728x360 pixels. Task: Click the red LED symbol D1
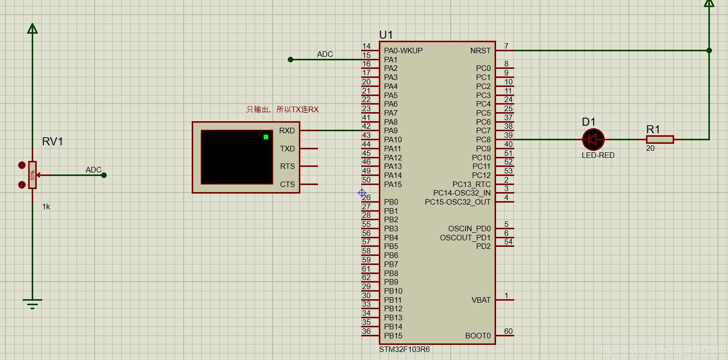pos(593,139)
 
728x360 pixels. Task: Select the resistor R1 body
pos(660,139)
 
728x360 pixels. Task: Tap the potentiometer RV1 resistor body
pos(33,174)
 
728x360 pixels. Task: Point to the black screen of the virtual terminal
pos(236,157)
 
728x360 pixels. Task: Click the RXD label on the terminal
pos(287,131)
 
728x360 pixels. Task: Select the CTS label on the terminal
pos(287,185)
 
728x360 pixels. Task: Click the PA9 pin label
pos(390,131)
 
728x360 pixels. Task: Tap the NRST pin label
pos(480,51)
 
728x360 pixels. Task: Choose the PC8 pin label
pos(483,140)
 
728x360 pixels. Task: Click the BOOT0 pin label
pos(477,335)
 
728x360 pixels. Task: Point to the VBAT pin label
pos(480,300)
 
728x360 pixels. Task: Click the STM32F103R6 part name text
pos(405,349)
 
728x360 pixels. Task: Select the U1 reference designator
pos(386,35)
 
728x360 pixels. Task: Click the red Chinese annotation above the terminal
pos(282,109)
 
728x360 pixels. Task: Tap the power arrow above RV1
pos(33,29)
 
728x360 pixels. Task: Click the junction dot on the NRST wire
pos(709,50)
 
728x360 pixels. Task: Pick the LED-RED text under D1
pos(598,155)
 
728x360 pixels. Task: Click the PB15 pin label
pos(393,335)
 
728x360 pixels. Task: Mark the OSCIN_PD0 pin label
pos(469,229)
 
